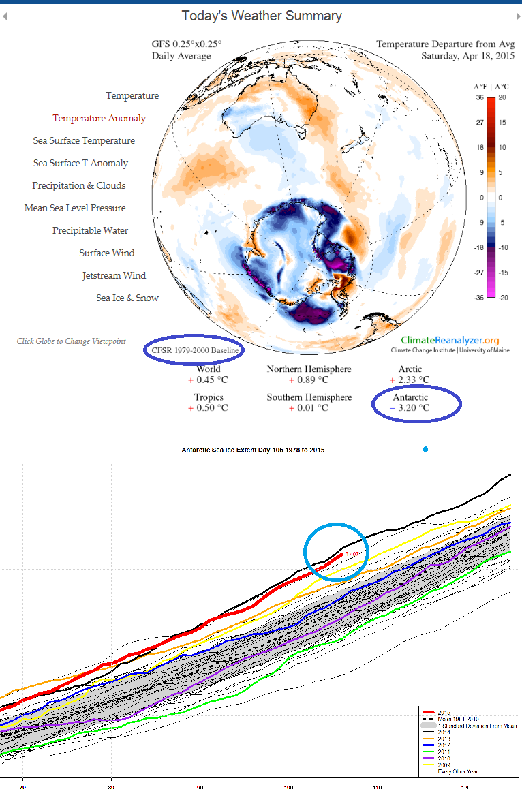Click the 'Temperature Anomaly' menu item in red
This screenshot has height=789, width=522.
pyautogui.click(x=99, y=118)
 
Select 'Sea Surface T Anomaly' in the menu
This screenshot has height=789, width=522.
pyautogui.click(x=80, y=163)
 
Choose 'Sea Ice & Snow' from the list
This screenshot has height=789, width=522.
pyautogui.click(x=127, y=298)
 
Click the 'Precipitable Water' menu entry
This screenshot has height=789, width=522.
pyautogui.click(x=91, y=230)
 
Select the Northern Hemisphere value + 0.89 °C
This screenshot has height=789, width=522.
pyautogui.click(x=309, y=380)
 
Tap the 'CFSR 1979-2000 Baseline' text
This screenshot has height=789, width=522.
pyautogui.click(x=194, y=350)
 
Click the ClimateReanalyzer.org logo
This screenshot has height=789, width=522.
pyautogui.click(x=450, y=340)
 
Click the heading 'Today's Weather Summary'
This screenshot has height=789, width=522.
pyautogui.click(x=262, y=16)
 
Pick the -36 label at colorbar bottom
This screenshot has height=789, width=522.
pyautogui.click(x=479, y=297)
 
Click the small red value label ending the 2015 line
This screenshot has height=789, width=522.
pyautogui.click(x=352, y=554)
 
